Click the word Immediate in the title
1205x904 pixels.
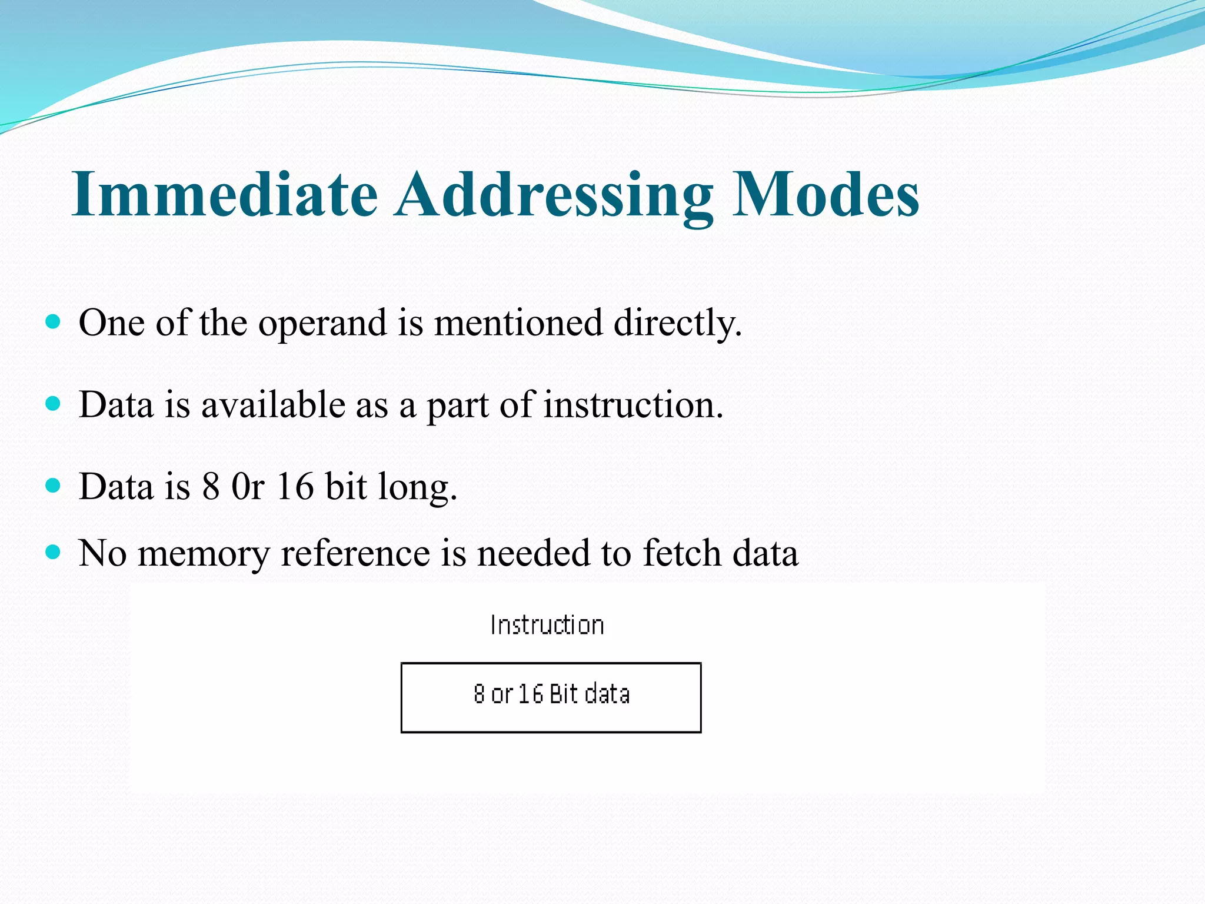[224, 195]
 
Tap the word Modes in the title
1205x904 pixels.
[825, 195]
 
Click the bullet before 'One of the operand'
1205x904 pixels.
[53, 321]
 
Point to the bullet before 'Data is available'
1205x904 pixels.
[53, 404]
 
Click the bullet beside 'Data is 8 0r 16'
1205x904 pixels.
[53, 486]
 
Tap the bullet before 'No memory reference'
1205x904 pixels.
[53, 552]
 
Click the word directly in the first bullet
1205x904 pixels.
[677, 324]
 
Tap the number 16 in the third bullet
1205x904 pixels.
[295, 487]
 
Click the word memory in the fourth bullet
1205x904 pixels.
[203, 555]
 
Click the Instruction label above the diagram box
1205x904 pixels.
[547, 625]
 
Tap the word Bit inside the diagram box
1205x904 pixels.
[564, 694]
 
